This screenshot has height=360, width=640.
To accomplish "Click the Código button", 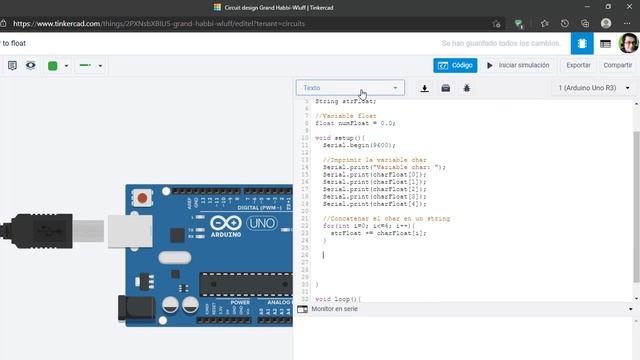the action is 455,65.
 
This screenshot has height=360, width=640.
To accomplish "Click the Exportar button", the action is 578,65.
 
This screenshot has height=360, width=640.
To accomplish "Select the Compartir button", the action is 617,65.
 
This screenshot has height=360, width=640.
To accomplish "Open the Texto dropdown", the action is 350,88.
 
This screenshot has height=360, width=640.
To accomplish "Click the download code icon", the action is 425,88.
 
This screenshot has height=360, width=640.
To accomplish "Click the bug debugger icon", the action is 466,88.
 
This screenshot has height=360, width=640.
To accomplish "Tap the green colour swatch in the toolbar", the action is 53,66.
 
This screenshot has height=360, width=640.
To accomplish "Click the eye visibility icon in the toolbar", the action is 31,66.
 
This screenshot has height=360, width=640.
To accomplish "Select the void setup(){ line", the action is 340,137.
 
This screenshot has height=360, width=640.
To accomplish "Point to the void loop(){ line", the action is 337,299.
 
